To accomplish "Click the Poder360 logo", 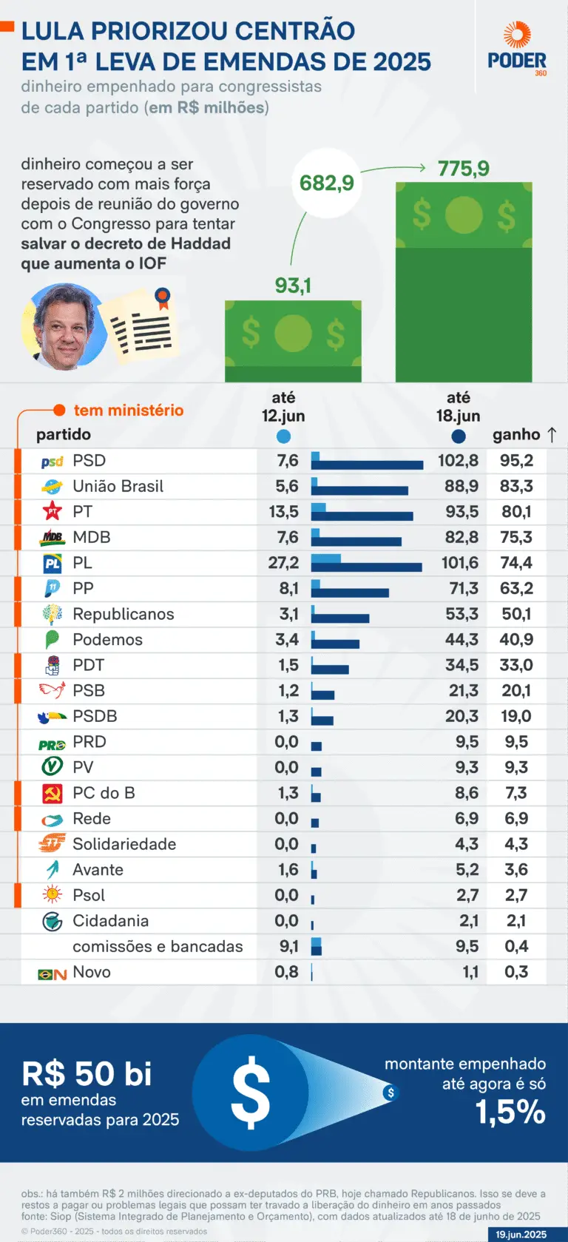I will (517, 49).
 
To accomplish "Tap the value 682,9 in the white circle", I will (326, 183).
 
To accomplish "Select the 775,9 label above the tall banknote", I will (463, 169).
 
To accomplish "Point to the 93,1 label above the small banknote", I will (293, 286).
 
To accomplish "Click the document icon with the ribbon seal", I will (142, 327).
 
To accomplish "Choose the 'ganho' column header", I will (516, 435).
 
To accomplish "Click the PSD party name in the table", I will (89, 461).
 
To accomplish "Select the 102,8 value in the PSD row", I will (458, 461).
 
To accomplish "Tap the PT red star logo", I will (53, 511).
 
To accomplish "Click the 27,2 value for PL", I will (283, 563).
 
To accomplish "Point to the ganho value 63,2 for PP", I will (516, 589).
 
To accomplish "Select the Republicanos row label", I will (123, 614).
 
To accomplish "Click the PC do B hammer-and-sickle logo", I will (53, 794).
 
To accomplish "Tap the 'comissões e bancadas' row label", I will (158, 947).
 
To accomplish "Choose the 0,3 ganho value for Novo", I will (516, 972).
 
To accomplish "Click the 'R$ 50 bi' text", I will (87, 1074).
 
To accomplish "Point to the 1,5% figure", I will (510, 1112).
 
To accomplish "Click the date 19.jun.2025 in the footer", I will (521, 1235).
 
